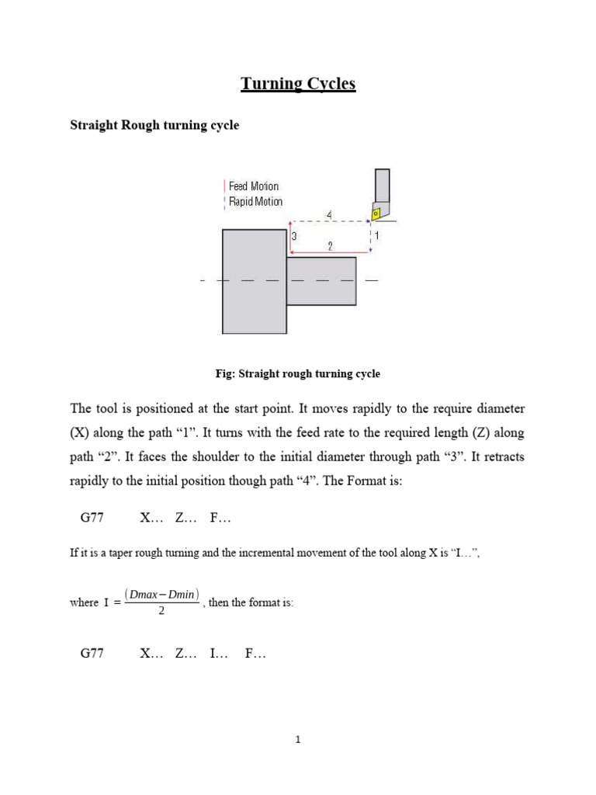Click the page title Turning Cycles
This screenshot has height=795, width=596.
pos(298,84)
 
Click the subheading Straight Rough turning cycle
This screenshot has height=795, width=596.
pos(154,125)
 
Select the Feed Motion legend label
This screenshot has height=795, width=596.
pos(253,186)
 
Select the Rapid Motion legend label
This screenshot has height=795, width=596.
pos(255,202)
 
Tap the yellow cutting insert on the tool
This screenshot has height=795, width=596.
pos(376,213)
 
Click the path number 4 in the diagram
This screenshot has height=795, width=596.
pos(330,214)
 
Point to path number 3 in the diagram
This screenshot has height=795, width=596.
pos(294,235)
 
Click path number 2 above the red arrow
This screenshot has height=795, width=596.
pos(330,246)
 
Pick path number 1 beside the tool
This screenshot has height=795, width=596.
pos(377,234)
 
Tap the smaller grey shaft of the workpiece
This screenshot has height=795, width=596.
pos(321,281)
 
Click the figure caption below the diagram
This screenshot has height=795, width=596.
pos(298,374)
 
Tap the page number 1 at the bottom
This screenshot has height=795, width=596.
pos(298,740)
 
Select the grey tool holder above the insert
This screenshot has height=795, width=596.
pos(383,186)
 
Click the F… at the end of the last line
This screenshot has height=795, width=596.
pos(255,654)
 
